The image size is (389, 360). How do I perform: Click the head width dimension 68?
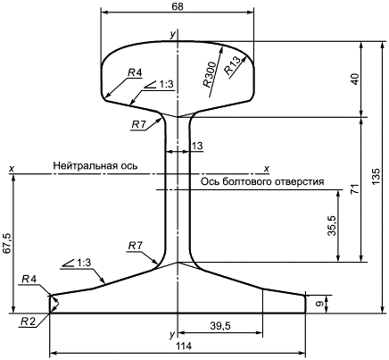click(x=178, y=6)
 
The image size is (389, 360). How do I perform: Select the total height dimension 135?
click(x=376, y=176)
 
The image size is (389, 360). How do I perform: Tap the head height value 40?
click(x=356, y=79)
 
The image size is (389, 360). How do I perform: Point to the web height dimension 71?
click(x=356, y=189)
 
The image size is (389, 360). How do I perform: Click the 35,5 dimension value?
click(x=332, y=225)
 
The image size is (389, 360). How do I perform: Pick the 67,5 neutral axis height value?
click(x=6, y=243)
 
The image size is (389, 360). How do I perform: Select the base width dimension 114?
click(x=184, y=346)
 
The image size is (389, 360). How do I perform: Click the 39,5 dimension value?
click(x=220, y=326)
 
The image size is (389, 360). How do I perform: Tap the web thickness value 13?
click(x=197, y=146)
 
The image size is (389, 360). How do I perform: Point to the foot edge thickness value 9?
click(x=319, y=304)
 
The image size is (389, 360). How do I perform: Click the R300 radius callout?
click(x=209, y=74)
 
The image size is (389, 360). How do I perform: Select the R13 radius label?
click(x=232, y=66)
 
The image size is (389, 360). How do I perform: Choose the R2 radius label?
click(x=28, y=321)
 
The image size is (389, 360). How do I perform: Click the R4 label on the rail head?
click(x=135, y=72)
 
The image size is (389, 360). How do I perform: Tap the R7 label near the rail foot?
click(x=136, y=246)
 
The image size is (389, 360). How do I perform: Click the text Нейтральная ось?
click(x=95, y=165)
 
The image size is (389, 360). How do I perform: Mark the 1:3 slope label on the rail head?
click(x=162, y=85)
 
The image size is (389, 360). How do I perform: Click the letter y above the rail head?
click(x=173, y=35)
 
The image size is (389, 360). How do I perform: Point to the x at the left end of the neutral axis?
click(x=12, y=169)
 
